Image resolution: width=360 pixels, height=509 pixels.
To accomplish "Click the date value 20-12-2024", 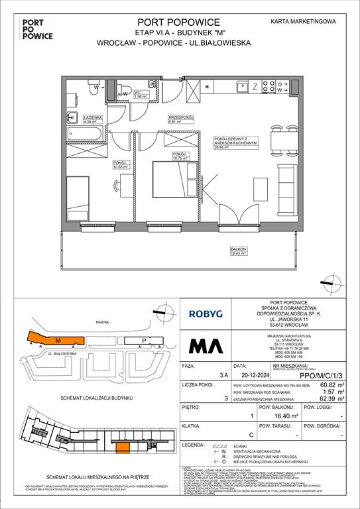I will (245, 374).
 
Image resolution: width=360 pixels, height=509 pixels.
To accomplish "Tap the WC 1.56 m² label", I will (141, 95).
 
